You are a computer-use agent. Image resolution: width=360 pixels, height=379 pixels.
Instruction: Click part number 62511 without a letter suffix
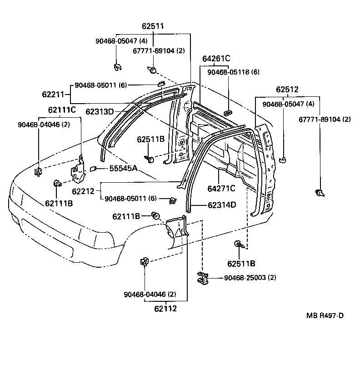tap(152, 27)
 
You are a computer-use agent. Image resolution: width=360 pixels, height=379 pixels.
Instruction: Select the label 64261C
tap(216, 58)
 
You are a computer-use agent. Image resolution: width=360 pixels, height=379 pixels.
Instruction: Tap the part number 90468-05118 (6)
tap(233, 72)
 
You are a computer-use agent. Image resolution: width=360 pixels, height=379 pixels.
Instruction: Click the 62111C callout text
tap(62, 110)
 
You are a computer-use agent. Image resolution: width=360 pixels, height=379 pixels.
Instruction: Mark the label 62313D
tap(100, 111)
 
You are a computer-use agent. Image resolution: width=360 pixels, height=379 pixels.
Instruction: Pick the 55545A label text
tap(123, 169)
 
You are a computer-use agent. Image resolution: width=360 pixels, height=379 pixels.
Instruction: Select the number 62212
tap(83, 191)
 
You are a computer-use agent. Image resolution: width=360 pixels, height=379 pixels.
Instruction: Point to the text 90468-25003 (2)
tap(250, 278)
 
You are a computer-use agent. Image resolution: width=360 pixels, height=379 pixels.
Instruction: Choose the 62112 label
tap(165, 309)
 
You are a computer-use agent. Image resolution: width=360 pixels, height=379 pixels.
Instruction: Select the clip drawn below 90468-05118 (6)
tap(228, 112)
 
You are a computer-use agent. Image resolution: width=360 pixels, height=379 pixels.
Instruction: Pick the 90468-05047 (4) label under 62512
tap(288, 104)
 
